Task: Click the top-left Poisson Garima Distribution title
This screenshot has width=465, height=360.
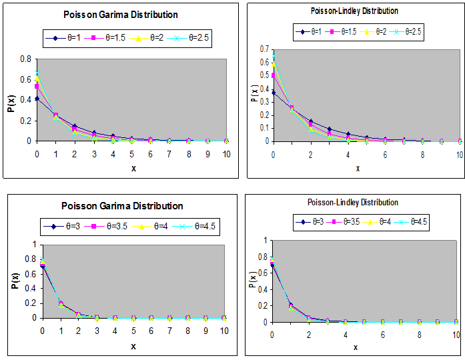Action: point(121,14)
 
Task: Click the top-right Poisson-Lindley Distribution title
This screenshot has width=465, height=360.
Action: point(354,11)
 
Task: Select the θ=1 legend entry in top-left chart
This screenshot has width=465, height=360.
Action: point(66,38)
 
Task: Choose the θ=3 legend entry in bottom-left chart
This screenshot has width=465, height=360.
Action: point(66,227)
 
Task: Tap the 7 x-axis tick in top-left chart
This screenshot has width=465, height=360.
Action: point(169,153)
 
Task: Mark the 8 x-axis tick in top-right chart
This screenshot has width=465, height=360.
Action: point(422,155)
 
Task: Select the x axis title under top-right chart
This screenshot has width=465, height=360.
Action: point(358,168)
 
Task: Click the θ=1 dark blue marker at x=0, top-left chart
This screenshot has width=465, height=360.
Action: point(37,99)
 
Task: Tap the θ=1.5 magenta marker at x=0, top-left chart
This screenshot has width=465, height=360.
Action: point(37,86)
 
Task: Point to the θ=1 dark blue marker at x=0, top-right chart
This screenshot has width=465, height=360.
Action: point(273,93)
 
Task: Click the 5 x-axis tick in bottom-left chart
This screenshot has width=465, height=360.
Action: point(133,330)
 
